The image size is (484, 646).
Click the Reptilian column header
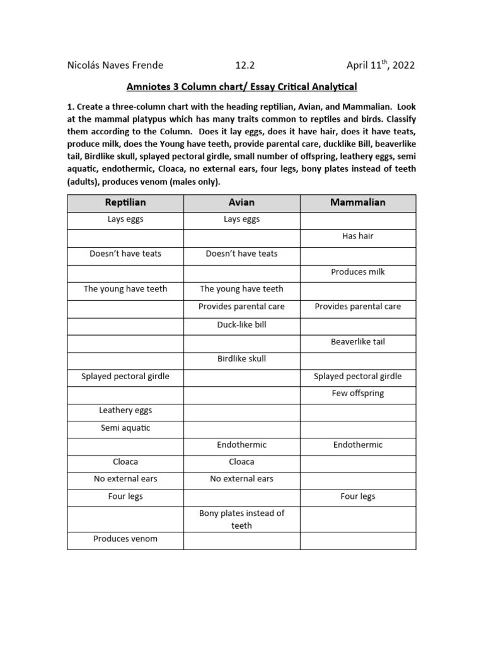125,203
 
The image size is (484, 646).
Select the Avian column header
241,203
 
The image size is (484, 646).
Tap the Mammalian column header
357,203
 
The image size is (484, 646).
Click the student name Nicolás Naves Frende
115,65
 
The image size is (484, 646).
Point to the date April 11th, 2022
381,65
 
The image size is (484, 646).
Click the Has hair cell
357,237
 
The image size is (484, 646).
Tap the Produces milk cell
357,272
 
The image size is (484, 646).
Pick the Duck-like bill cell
241,324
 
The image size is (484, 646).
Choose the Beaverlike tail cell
357,342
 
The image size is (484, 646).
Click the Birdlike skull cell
241,359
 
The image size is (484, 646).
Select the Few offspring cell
357,394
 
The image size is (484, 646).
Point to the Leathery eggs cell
125,411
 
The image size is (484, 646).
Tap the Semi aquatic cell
125,428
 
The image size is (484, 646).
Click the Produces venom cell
125,539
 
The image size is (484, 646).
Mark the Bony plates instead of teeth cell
241,519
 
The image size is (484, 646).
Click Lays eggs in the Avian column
241,220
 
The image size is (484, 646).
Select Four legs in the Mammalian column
357,496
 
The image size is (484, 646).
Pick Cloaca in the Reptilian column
125,462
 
